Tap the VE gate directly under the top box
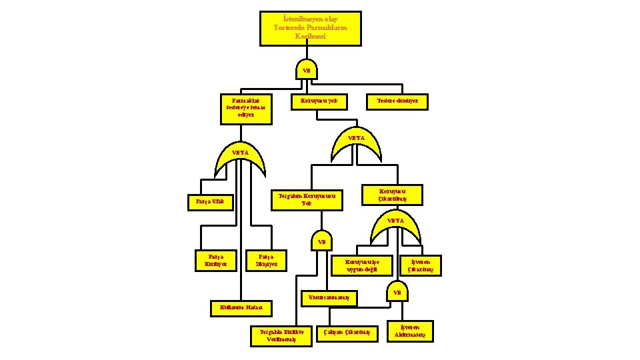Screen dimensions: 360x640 click(x=307, y=69)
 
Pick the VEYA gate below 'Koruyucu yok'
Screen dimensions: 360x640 click(x=357, y=141)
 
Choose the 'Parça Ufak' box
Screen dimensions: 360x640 click(x=210, y=201)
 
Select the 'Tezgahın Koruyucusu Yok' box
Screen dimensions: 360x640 click(x=306, y=200)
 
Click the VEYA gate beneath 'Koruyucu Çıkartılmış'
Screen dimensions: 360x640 click(x=396, y=227)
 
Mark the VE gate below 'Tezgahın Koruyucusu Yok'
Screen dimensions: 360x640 click(x=321, y=243)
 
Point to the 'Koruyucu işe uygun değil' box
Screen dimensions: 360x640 click(x=362, y=265)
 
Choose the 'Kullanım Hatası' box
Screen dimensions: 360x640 click(x=241, y=308)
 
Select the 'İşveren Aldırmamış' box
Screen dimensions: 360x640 click(x=414, y=331)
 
